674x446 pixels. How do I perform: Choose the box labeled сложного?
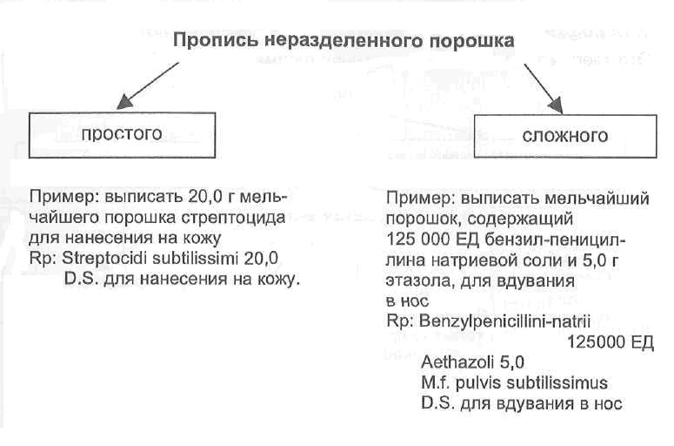[x=564, y=136]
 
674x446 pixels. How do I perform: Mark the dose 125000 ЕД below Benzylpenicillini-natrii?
[x=608, y=342]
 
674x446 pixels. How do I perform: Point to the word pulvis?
[x=475, y=383]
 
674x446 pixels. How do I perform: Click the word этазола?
[x=415, y=281]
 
